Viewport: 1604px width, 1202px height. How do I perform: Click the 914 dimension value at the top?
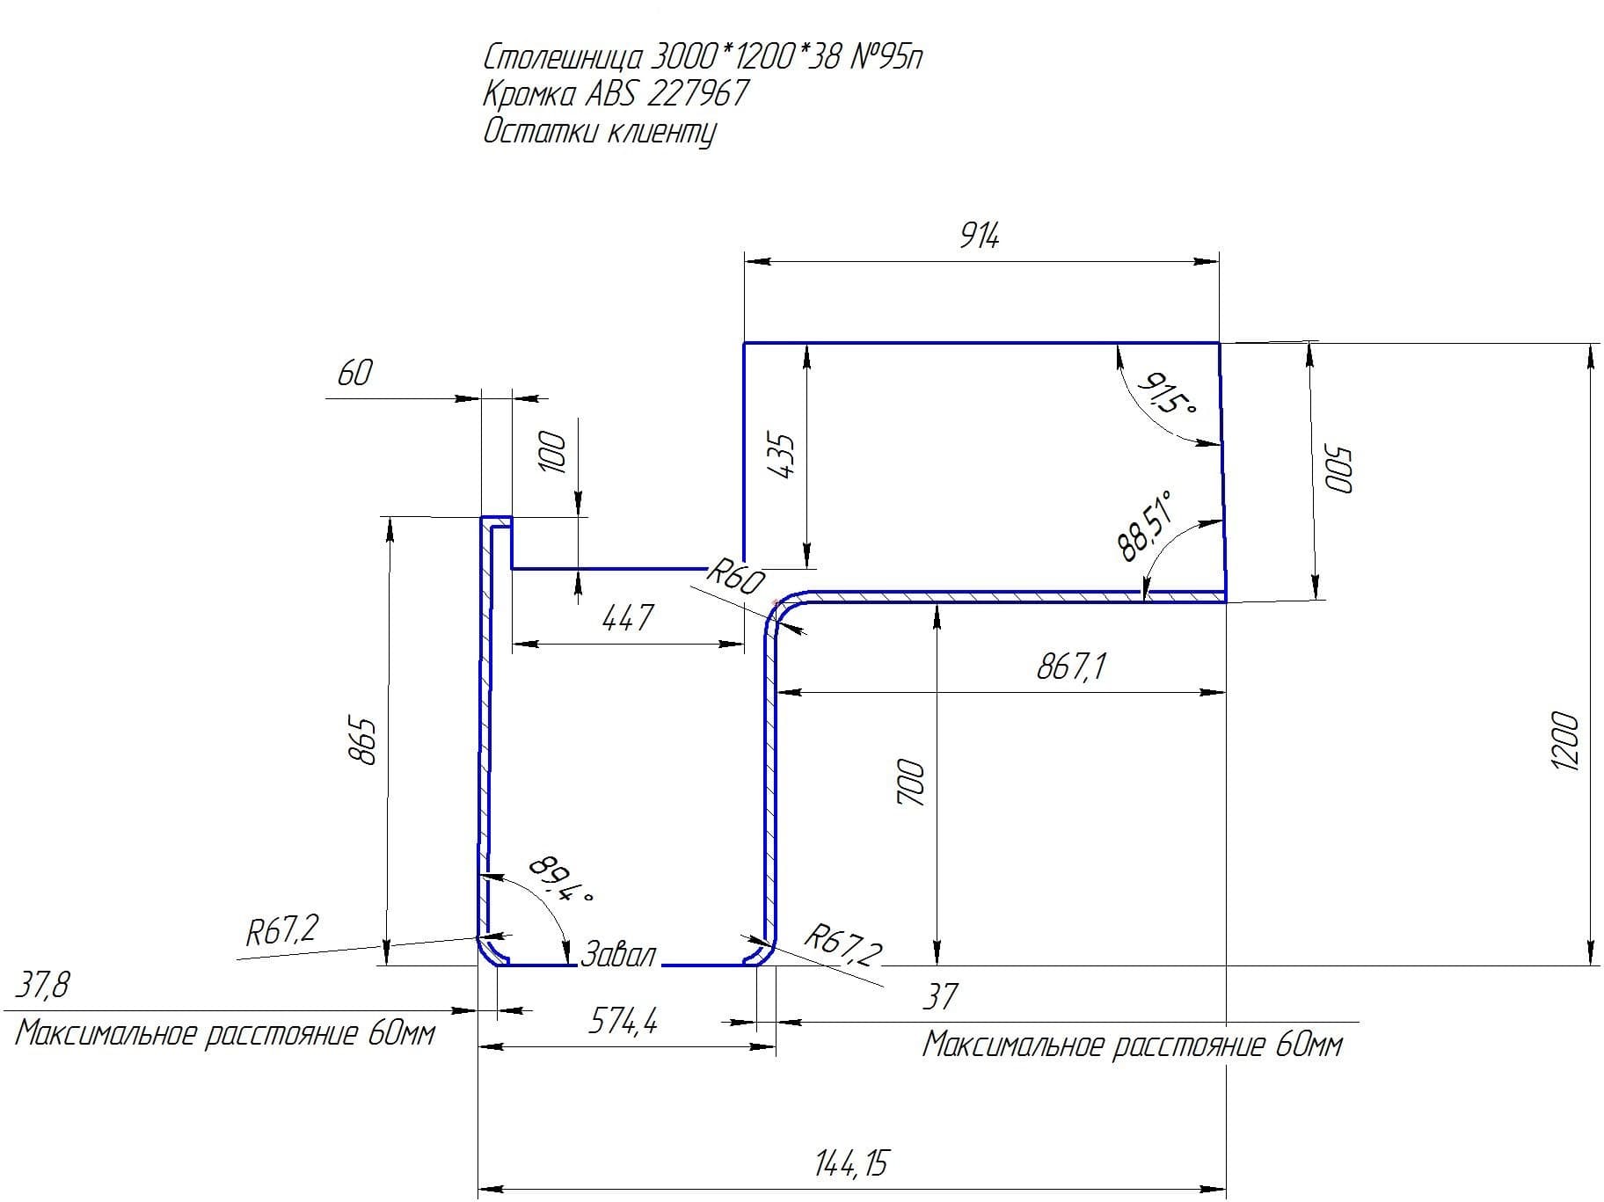pyautogui.click(x=979, y=236)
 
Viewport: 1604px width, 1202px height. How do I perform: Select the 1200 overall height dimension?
pyautogui.click(x=1565, y=741)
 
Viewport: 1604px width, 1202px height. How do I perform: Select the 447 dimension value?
pyautogui.click(x=628, y=618)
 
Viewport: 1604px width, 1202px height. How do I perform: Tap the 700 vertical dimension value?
pyautogui.click(x=911, y=783)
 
